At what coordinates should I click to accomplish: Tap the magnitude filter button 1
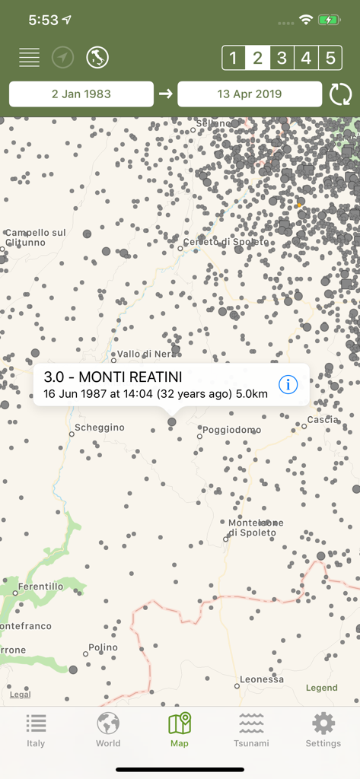(x=234, y=58)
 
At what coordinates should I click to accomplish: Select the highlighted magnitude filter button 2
(x=258, y=58)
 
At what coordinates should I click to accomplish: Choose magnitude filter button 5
(x=330, y=58)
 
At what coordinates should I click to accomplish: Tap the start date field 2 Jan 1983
(x=81, y=94)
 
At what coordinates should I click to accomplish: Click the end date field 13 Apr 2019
(x=250, y=94)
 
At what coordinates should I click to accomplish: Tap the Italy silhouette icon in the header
(x=97, y=57)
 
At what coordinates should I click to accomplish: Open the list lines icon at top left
(x=30, y=57)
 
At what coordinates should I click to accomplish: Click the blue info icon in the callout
(x=288, y=385)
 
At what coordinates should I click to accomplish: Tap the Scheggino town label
(x=99, y=428)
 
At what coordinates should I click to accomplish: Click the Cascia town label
(x=323, y=420)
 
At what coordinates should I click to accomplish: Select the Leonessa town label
(x=261, y=679)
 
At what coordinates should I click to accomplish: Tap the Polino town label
(x=103, y=647)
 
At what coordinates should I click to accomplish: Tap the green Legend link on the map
(x=321, y=688)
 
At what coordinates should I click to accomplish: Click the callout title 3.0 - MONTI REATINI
(x=113, y=377)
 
